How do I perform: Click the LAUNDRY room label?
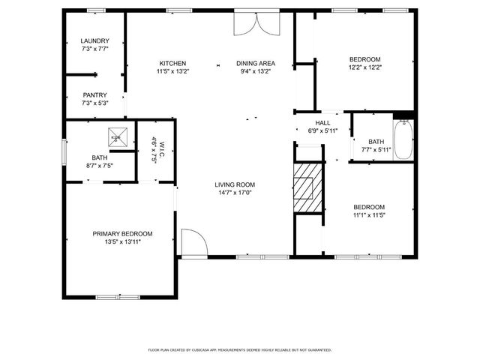[x=95, y=40]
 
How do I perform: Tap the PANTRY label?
[x=95, y=95]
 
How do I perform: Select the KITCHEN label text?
[x=172, y=63]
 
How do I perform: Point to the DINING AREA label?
[x=255, y=63]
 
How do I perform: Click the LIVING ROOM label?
[x=235, y=184]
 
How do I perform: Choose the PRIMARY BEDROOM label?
[x=122, y=233]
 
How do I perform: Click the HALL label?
[x=322, y=123]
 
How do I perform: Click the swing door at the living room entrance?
[x=193, y=243]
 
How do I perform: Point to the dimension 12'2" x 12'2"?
[x=365, y=67]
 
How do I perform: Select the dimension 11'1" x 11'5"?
[x=369, y=215]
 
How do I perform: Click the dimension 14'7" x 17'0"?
[x=235, y=193]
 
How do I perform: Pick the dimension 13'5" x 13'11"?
[x=122, y=241]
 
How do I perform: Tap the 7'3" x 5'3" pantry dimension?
[x=95, y=103]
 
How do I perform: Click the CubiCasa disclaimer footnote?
[x=240, y=350]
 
